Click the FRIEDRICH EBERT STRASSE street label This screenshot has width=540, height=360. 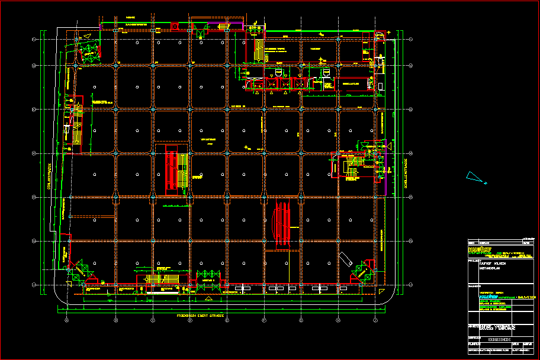[200, 316]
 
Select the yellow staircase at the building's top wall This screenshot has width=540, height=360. [258, 49]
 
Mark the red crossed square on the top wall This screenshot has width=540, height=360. [175, 27]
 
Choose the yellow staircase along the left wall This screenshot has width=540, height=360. [76, 126]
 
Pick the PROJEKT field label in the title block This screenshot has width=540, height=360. [474, 258]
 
